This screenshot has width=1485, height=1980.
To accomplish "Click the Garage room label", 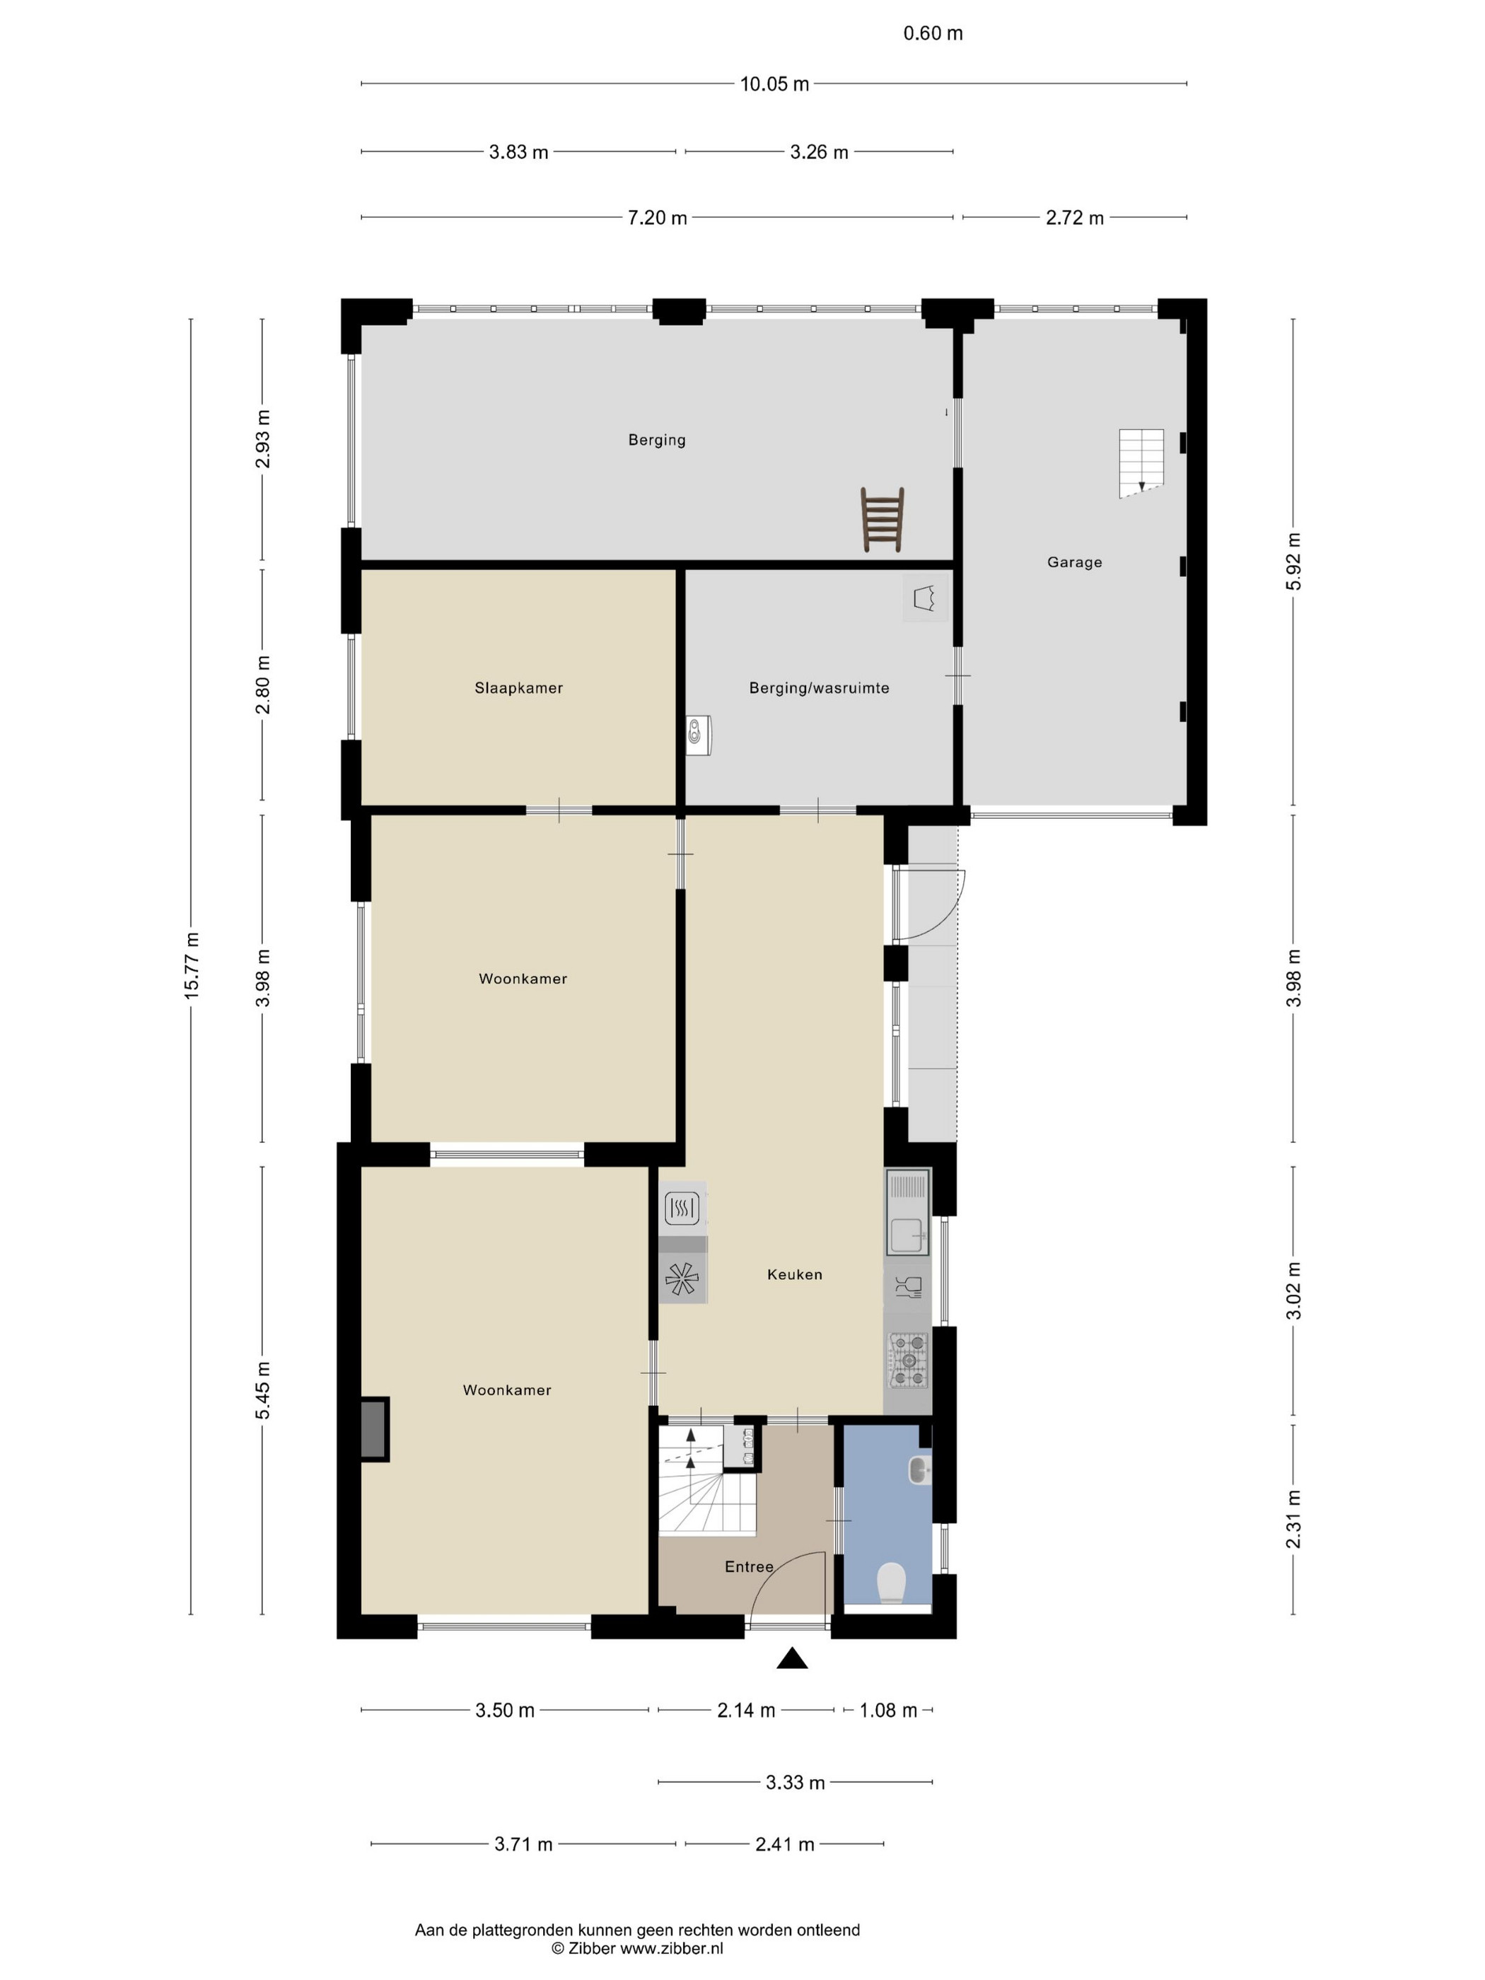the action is (1074, 562).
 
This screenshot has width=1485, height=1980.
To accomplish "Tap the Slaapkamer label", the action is (518, 687).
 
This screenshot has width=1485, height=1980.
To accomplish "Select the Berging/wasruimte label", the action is (819, 687).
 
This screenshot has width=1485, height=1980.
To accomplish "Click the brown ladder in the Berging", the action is (883, 519).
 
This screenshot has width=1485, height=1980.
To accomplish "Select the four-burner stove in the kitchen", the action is (908, 1361).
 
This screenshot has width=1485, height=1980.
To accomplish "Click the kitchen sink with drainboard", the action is (908, 1213).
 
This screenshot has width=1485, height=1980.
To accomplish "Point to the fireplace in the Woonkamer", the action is (375, 1430).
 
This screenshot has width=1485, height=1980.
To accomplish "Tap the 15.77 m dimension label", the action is (192, 966).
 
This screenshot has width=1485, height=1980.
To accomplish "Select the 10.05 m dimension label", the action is (774, 84).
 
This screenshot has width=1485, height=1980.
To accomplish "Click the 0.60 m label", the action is (933, 33).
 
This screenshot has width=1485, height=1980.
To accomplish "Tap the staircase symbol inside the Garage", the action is (1141, 462).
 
